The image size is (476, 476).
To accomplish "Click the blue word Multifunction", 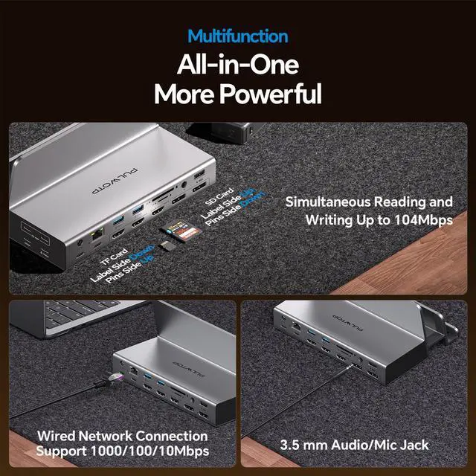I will click(237, 36).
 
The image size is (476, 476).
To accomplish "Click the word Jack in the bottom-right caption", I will click(412, 445).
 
